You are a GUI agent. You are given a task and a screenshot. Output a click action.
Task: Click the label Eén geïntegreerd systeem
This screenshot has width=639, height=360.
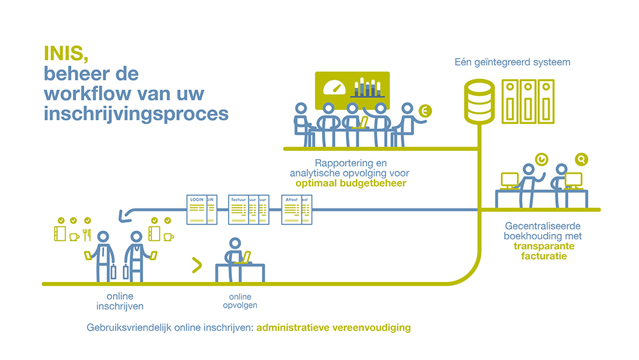(x=512, y=63)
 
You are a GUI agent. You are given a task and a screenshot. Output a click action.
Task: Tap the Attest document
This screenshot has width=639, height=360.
(x=295, y=210)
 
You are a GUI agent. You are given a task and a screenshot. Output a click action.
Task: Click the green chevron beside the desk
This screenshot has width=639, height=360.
(x=197, y=264)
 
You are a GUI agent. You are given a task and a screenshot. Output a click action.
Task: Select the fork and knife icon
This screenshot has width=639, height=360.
(x=87, y=235)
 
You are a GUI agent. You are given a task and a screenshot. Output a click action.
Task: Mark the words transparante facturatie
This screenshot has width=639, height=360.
(x=544, y=251)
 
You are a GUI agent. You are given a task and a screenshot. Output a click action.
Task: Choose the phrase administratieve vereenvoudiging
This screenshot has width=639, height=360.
(x=334, y=328)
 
